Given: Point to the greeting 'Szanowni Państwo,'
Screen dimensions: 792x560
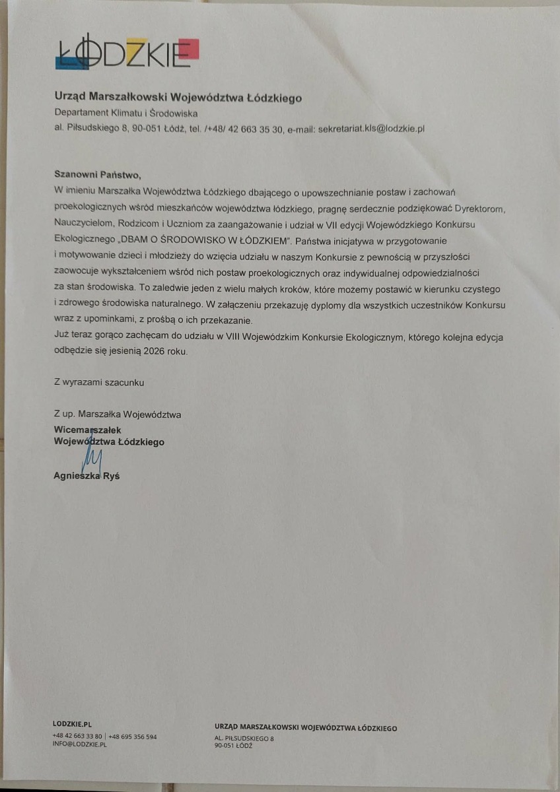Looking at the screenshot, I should tap(98, 176).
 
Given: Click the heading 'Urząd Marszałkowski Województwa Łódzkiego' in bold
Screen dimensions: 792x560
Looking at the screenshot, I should tap(178, 98).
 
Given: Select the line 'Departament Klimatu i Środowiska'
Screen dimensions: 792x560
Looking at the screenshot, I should tap(122, 114).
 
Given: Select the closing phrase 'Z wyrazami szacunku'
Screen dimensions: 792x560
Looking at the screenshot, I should tap(99, 382).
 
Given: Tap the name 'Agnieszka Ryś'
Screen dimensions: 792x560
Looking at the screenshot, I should tap(87, 476).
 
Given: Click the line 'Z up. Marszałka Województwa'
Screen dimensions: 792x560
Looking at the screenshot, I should tap(118, 415).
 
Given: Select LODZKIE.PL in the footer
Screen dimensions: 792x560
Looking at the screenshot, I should tap(71, 724).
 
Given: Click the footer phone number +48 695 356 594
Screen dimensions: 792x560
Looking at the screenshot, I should tap(133, 737).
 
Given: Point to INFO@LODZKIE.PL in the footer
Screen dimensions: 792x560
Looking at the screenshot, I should tap(79, 744).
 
